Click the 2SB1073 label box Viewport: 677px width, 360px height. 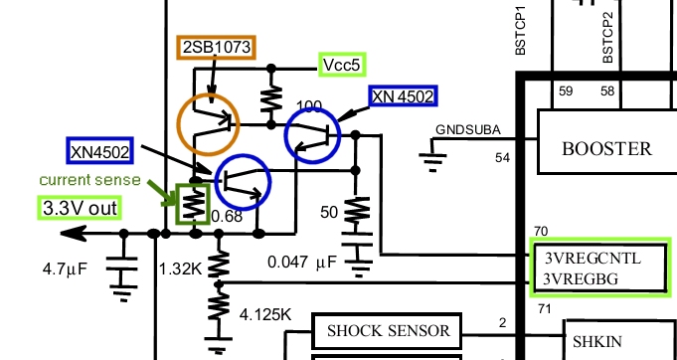coord(216,47)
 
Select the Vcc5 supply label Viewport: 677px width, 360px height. coord(342,65)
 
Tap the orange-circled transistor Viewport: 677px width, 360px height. coord(208,124)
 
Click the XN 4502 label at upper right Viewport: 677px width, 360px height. coord(403,95)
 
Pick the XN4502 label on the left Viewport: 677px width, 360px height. coord(99,150)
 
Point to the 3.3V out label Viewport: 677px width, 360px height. coord(80,208)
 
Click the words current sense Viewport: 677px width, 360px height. coord(89,180)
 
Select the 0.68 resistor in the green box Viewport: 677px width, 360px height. coord(193,204)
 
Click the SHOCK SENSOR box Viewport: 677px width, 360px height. coord(388,330)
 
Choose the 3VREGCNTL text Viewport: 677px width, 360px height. coord(592,259)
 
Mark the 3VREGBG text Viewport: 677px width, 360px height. coord(581,278)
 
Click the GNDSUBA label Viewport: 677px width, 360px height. coord(468,129)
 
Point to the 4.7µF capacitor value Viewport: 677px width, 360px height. coord(65,269)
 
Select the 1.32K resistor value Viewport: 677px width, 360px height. coord(180,269)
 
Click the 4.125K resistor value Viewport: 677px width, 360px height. coord(265,314)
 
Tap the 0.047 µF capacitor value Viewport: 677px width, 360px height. coord(302,262)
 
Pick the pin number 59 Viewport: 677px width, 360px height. coord(566,91)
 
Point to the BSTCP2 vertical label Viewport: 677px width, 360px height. coord(607,38)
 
